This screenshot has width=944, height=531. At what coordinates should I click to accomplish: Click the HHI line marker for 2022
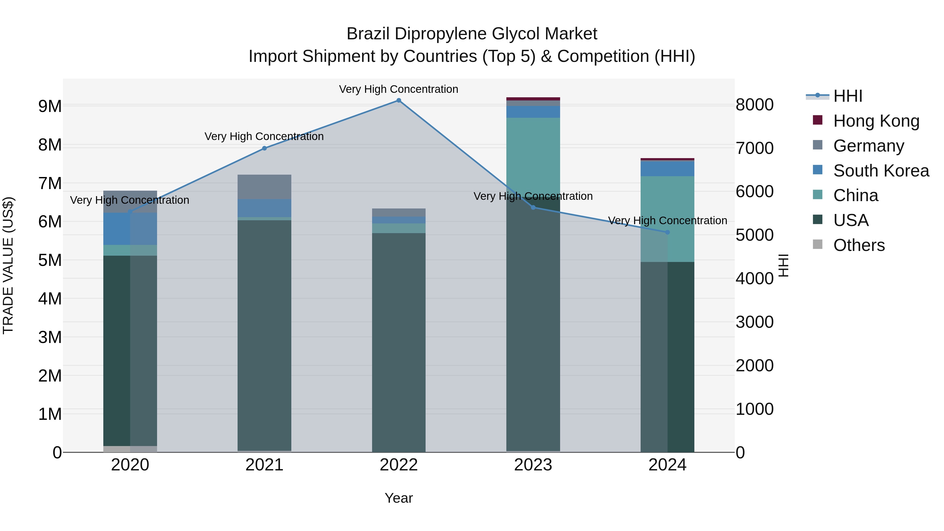click(399, 100)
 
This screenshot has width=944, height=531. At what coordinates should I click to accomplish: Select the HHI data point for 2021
click(264, 148)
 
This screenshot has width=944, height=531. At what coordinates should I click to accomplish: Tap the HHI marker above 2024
click(667, 232)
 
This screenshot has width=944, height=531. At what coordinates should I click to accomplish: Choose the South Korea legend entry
click(881, 170)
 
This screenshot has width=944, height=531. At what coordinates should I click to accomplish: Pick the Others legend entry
click(859, 245)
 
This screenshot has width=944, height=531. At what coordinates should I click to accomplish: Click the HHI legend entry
click(848, 96)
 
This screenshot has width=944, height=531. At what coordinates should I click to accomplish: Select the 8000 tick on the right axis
click(754, 105)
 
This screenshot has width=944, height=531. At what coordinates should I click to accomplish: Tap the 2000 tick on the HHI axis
click(754, 366)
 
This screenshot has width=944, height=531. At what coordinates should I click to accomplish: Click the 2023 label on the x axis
click(533, 465)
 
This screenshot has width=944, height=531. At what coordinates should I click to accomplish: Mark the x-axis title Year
click(399, 498)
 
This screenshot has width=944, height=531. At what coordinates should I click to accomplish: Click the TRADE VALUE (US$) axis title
click(8, 265)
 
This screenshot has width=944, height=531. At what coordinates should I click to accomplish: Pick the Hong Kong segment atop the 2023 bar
click(533, 99)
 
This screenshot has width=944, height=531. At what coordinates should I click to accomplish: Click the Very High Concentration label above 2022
click(398, 89)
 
